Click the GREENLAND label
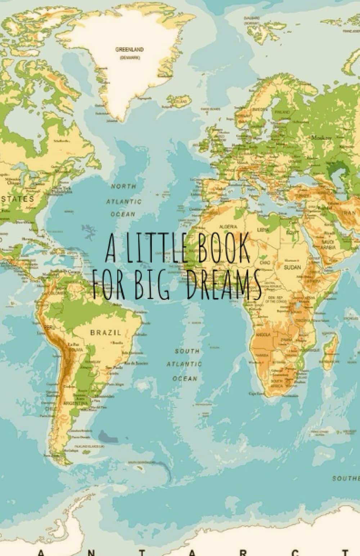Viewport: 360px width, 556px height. [129, 49]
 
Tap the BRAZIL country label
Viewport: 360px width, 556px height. [105, 333]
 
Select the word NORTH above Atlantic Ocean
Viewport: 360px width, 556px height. [123, 186]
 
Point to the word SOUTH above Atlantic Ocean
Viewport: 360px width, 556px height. [187, 351]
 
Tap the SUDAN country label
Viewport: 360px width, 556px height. [292, 267]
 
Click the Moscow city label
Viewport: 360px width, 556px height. [321, 137]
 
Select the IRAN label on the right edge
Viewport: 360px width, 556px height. [350, 212]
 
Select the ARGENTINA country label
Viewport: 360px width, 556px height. [75, 403]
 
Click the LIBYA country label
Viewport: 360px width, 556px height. [262, 229]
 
